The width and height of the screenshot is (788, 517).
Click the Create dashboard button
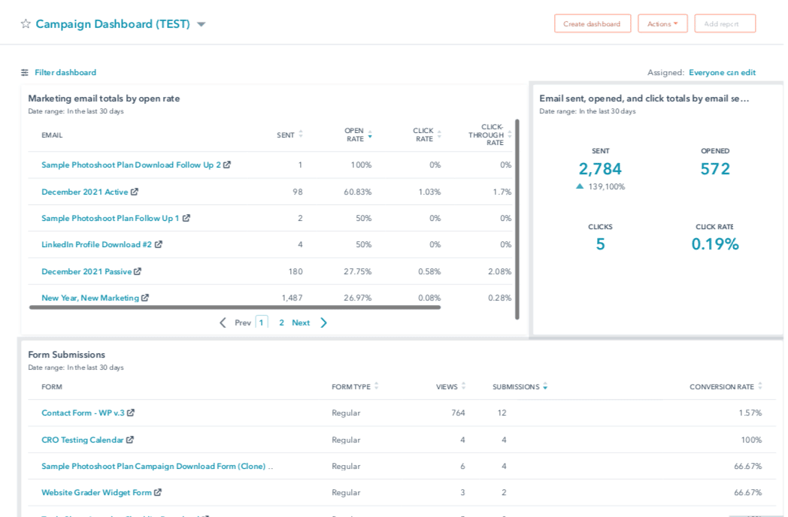pyautogui.click(x=592, y=23)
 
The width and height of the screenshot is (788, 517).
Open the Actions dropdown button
pyautogui.click(x=662, y=23)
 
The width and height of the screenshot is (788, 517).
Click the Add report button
pyautogui.click(x=724, y=23)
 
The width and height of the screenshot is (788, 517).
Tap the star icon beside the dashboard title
pyautogui.click(x=26, y=24)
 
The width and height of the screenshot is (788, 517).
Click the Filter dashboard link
pyautogui.click(x=65, y=73)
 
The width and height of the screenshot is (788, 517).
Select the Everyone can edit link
pyautogui.click(x=722, y=73)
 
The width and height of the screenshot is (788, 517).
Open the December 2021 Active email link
pyautogui.click(x=85, y=192)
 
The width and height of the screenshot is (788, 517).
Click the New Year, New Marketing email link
pyautogui.click(x=90, y=298)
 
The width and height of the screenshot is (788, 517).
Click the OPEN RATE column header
pyautogui.click(x=355, y=135)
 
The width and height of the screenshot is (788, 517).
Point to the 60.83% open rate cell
pyautogui.click(x=357, y=192)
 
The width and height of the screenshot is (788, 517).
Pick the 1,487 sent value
pyautogui.click(x=292, y=298)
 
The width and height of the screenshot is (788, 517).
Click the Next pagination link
pyautogui.click(x=301, y=322)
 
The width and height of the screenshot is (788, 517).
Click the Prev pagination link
pyautogui.click(x=242, y=322)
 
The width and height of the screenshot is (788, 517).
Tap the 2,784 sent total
pyautogui.click(x=600, y=169)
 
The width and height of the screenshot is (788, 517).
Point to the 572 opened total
pyautogui.click(x=715, y=169)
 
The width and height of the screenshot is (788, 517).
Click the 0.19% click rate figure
pyautogui.click(x=715, y=244)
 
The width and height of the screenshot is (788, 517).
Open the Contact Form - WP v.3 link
pyautogui.click(x=83, y=413)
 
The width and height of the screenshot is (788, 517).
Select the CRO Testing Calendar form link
pyautogui.click(x=82, y=440)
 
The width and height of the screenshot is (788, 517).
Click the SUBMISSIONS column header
pyautogui.click(x=516, y=387)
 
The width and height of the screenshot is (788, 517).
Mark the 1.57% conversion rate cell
pyautogui.click(x=750, y=413)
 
